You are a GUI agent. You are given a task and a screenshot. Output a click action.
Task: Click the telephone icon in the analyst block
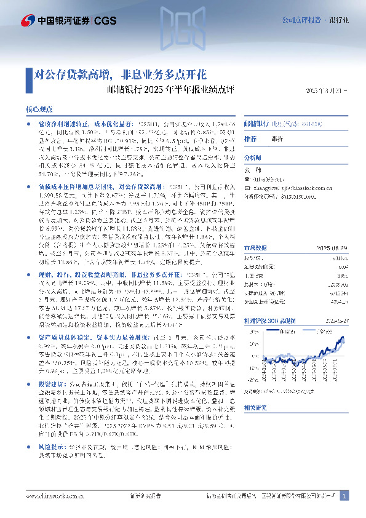click(x=247, y=180)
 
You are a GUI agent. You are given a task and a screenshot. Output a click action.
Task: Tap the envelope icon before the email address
click(x=247, y=189)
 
